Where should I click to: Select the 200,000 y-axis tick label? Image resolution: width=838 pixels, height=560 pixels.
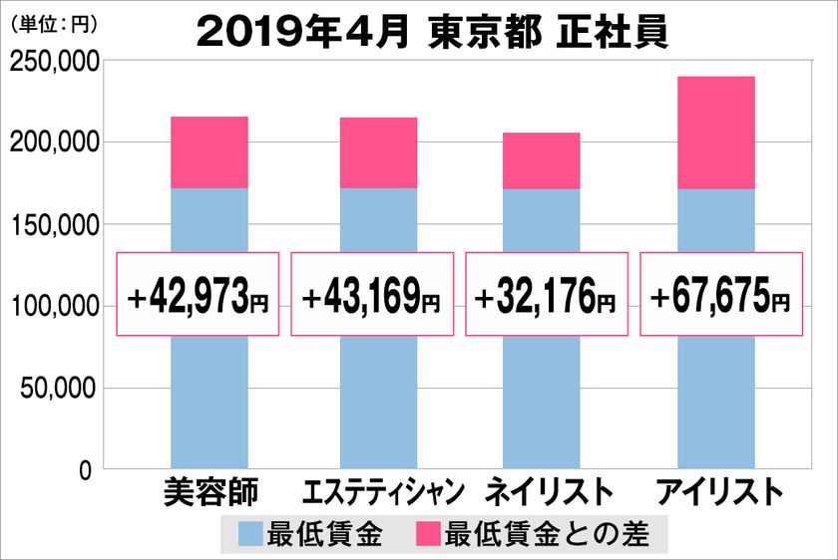coord(52,143)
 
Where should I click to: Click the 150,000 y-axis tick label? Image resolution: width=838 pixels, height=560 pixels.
coord(52,225)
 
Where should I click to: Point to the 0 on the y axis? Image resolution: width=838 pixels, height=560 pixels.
coord(85,468)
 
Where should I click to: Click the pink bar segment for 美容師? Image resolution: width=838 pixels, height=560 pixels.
coord(209,152)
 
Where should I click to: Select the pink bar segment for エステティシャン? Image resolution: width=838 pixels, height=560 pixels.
coord(378,152)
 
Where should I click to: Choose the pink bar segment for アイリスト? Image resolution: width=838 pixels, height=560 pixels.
coord(715,133)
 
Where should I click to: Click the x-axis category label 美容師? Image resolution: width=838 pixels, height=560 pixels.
coord(209,492)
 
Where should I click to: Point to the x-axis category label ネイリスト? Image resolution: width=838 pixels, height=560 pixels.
coord(548,492)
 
